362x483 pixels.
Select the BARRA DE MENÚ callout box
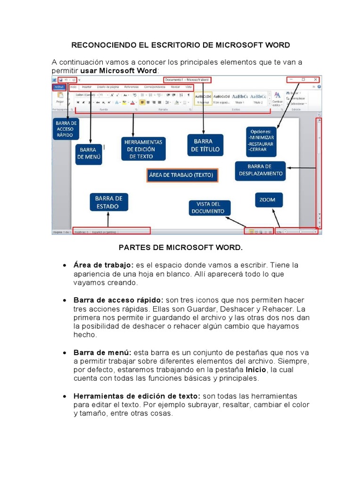coord(89,154)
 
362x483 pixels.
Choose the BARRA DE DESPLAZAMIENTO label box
coord(260,170)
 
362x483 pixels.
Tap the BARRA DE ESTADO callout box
coord(108,202)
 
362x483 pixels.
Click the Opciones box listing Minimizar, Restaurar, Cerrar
coord(261,141)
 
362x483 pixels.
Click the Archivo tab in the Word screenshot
coord(59,87)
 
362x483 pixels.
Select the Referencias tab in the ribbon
coord(132,87)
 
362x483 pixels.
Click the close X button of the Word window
coord(315,80)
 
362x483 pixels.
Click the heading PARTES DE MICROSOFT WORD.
coord(181,247)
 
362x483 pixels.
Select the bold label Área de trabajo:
coord(104,265)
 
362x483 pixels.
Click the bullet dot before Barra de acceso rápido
coord(64,300)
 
